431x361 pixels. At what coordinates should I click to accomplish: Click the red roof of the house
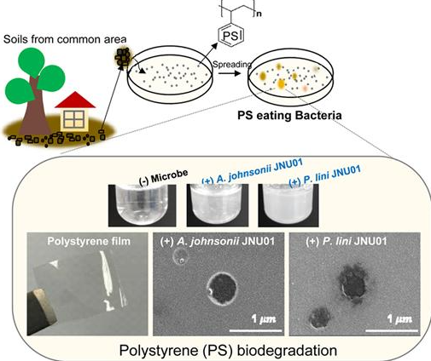click(75, 100)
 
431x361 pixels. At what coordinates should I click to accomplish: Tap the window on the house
click(74, 119)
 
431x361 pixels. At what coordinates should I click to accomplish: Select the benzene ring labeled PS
click(230, 36)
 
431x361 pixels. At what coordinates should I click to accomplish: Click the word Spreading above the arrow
click(232, 65)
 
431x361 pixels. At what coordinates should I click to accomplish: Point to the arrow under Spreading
click(230, 74)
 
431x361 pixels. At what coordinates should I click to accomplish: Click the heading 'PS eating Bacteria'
click(289, 116)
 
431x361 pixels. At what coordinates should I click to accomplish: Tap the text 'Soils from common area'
click(65, 39)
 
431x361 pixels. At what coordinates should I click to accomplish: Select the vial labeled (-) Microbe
click(142, 205)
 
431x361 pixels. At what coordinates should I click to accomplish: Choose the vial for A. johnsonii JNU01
click(218, 205)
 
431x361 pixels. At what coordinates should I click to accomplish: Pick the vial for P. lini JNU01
click(288, 205)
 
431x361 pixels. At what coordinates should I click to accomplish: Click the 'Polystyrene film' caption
click(89, 241)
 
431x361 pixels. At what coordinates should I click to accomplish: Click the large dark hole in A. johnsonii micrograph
click(222, 288)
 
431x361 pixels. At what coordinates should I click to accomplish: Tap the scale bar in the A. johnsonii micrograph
click(255, 330)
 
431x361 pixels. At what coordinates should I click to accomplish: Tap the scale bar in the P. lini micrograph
click(392, 330)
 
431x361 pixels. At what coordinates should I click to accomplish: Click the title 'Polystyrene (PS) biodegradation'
click(228, 350)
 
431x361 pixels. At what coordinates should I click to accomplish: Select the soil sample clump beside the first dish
click(123, 58)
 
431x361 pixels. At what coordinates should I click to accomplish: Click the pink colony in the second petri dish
click(305, 89)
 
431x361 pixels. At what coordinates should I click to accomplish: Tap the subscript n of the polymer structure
click(259, 14)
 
